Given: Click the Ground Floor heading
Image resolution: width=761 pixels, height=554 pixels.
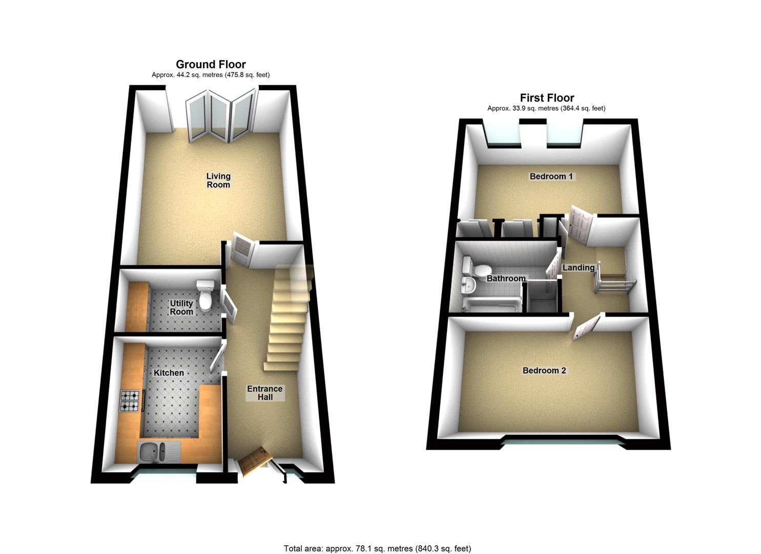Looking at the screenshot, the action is [211, 64].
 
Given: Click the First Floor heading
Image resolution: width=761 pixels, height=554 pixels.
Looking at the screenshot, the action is [547, 98].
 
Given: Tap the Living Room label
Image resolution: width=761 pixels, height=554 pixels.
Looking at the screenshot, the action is [218, 180].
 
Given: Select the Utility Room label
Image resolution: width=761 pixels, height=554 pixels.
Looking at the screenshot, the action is [181, 307].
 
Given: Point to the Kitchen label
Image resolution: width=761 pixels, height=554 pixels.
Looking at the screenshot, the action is [169, 373].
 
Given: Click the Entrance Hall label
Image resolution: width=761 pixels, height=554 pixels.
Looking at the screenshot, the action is [264, 393].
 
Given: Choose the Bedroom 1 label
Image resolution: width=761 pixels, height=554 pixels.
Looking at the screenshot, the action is [551, 176].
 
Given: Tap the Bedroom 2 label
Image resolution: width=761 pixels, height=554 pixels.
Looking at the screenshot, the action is [544, 370].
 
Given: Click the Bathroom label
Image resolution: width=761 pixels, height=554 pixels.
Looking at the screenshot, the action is [506, 279].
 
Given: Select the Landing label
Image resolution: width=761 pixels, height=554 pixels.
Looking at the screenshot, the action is [578, 268].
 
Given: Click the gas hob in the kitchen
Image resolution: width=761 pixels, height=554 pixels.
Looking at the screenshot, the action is [130, 401].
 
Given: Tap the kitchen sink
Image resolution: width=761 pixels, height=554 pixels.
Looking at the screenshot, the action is [159, 452].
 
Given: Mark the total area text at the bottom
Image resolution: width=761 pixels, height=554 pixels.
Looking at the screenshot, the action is [378, 539].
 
